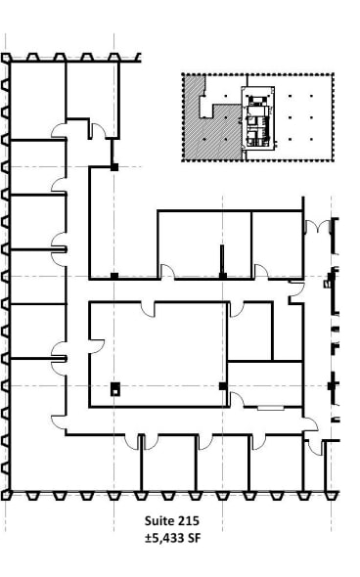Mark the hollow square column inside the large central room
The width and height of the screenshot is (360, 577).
pyautogui.click(x=115, y=388)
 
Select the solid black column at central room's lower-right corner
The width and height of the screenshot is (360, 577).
pyautogui.click(x=223, y=387)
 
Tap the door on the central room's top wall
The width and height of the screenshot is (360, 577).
pyautogui.click(x=148, y=308)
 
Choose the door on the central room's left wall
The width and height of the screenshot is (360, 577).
pyautogui.click(x=96, y=341)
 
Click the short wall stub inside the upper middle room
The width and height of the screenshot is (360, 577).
pyautogui.click(x=223, y=259)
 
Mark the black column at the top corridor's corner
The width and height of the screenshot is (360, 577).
pyautogui.click(x=114, y=167)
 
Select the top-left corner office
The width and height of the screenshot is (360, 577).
pyautogui.click(x=37, y=98)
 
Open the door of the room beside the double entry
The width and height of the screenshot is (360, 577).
pyautogui.click(x=261, y=271)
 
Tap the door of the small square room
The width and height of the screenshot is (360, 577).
pyautogui.click(x=236, y=309)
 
